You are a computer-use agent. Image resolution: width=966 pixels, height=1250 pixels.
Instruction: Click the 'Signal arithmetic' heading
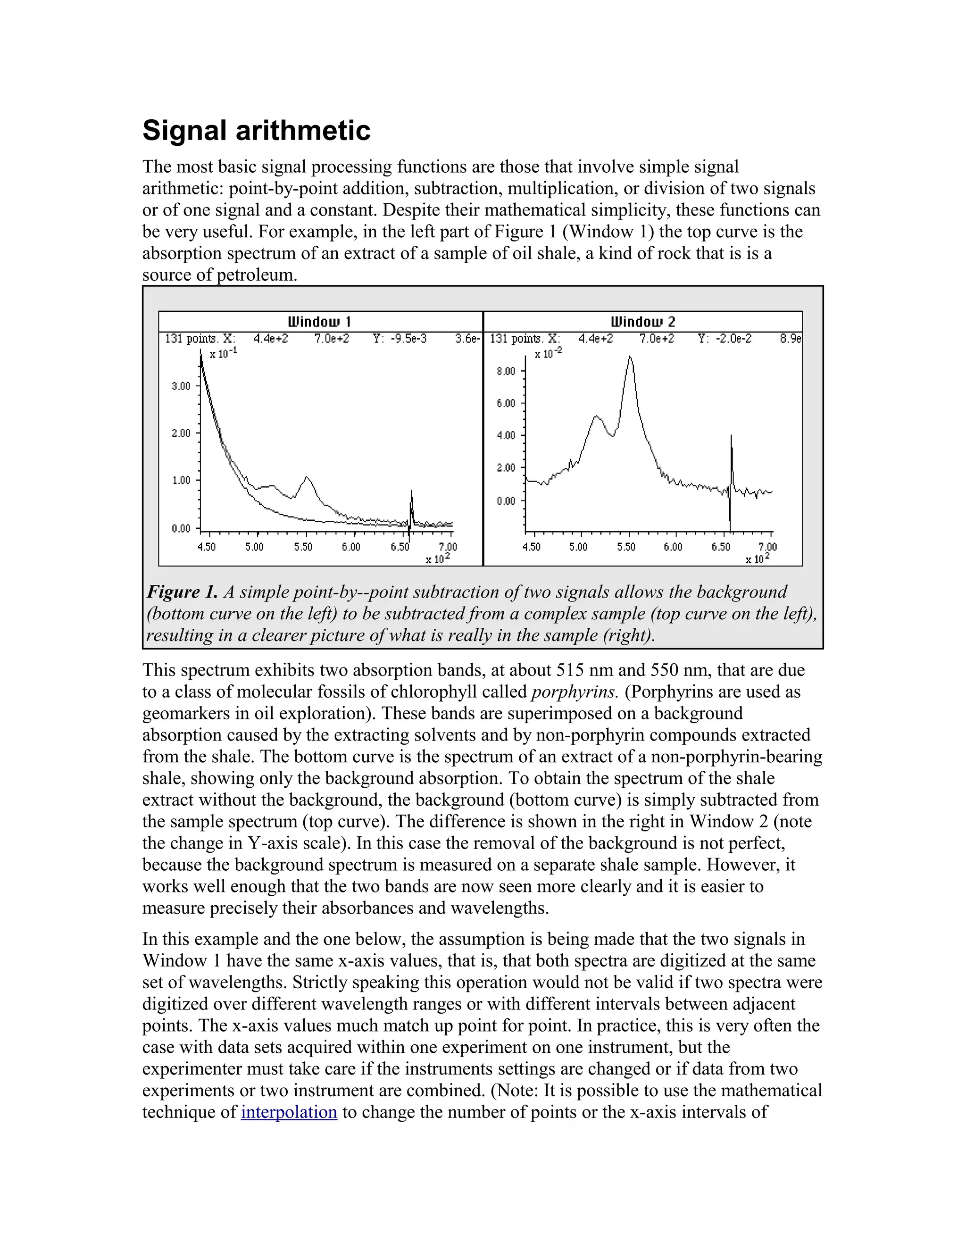(257, 131)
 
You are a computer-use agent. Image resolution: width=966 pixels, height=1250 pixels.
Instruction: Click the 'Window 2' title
(643, 322)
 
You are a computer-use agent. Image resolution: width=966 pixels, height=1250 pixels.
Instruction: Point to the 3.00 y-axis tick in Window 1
(181, 386)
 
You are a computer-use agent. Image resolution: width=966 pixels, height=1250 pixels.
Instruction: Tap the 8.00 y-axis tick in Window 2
(506, 371)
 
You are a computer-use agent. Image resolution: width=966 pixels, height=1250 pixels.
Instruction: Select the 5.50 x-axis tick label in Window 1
(303, 547)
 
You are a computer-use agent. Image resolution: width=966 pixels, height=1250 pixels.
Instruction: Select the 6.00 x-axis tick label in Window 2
(673, 547)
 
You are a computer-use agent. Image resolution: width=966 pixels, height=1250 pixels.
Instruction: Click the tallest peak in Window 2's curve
(630, 357)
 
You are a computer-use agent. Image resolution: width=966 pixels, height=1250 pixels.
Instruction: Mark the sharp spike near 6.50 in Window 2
(732, 437)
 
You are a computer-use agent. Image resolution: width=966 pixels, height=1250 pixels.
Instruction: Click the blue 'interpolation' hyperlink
(289, 1112)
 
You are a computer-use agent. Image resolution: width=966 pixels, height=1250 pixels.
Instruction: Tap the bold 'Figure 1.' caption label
(183, 592)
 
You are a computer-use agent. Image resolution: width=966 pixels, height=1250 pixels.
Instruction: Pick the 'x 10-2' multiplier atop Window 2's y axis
(548, 354)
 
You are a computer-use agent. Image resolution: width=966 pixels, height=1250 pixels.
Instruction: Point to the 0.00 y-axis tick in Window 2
(506, 501)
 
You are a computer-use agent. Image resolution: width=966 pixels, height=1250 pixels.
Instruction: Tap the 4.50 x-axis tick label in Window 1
(206, 547)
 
